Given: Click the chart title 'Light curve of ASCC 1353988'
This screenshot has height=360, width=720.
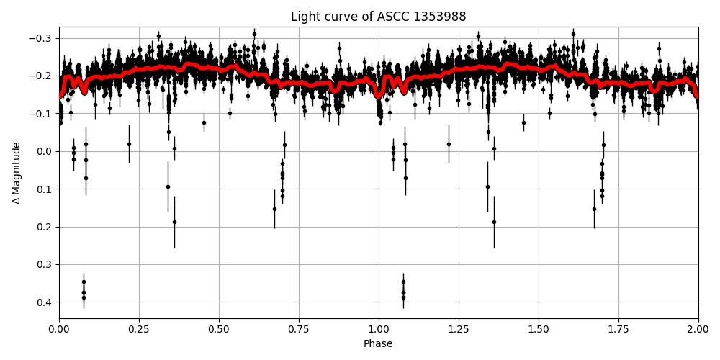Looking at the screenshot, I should tap(378, 17).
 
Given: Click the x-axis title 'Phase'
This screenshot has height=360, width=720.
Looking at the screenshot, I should tap(378, 344).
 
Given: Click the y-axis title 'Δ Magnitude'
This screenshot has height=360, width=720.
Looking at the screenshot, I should tap(17, 173).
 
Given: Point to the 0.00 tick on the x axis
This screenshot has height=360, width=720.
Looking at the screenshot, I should tap(59, 329).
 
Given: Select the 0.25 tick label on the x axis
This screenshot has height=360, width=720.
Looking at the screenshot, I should tap(139, 329).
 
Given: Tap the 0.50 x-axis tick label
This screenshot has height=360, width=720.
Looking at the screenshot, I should tap(219, 329).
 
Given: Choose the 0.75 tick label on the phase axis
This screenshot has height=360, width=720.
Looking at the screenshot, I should tap(299, 329).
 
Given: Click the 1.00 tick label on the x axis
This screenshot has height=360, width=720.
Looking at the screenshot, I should tap(379, 329).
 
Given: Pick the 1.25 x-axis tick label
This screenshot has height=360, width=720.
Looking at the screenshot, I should tap(459, 329).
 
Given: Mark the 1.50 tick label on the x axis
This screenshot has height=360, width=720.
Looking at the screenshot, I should tap(539, 329).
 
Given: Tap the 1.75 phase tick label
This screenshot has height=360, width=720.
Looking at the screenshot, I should tap(618, 329).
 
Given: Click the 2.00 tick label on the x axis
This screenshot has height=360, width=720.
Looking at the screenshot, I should tap(698, 329).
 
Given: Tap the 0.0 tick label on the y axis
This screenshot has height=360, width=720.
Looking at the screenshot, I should tap(45, 151).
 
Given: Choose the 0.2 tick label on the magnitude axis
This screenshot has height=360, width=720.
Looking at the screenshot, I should tap(45, 227).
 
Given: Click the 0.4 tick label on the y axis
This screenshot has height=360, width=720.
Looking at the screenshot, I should tap(45, 302).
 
